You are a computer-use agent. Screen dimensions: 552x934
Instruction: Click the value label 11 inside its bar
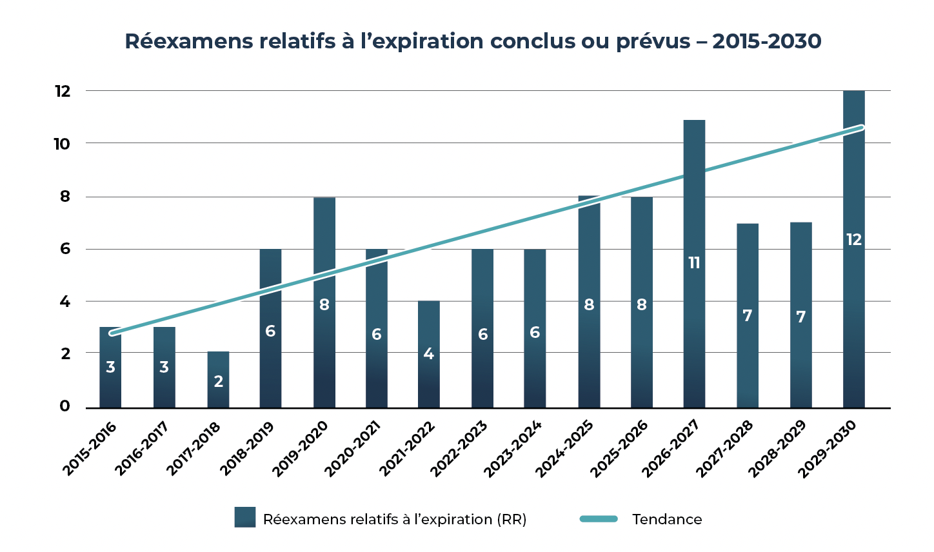point(694,263)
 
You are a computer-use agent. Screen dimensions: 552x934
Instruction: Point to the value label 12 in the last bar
point(853,240)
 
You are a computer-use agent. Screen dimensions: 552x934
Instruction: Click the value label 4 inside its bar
point(429,354)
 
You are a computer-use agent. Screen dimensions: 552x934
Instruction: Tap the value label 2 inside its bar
point(218,382)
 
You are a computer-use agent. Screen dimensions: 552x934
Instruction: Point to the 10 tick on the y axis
point(62,144)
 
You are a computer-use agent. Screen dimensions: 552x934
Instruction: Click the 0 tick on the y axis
point(65,406)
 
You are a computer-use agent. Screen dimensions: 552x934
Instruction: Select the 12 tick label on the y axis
point(62,92)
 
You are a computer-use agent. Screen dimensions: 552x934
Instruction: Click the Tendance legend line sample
point(599,519)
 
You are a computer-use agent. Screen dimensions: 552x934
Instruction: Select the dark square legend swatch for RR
point(245,517)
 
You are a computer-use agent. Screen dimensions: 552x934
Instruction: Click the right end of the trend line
point(862,127)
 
